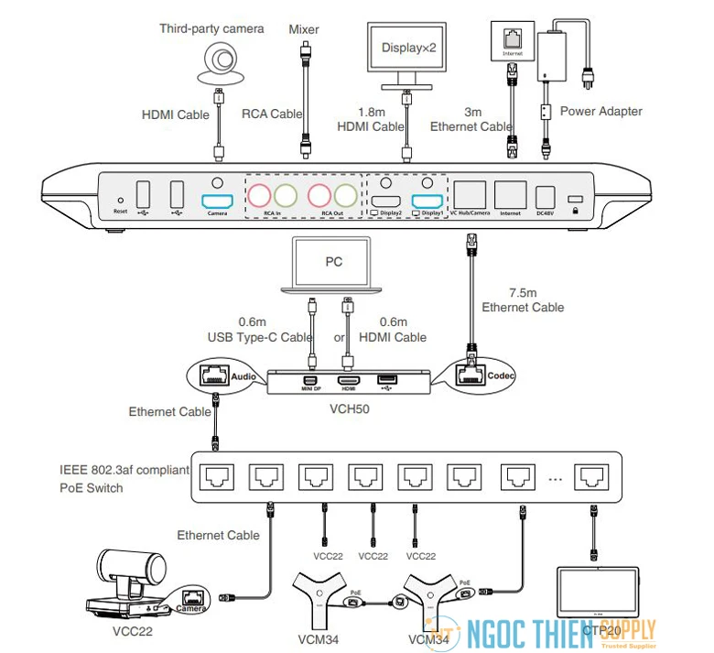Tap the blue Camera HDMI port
217,201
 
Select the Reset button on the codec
120,200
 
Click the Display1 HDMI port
427,202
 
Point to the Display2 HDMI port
385,202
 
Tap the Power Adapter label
600,112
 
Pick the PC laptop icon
333,266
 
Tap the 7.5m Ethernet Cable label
523,299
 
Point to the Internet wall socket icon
510,37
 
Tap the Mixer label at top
303,29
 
